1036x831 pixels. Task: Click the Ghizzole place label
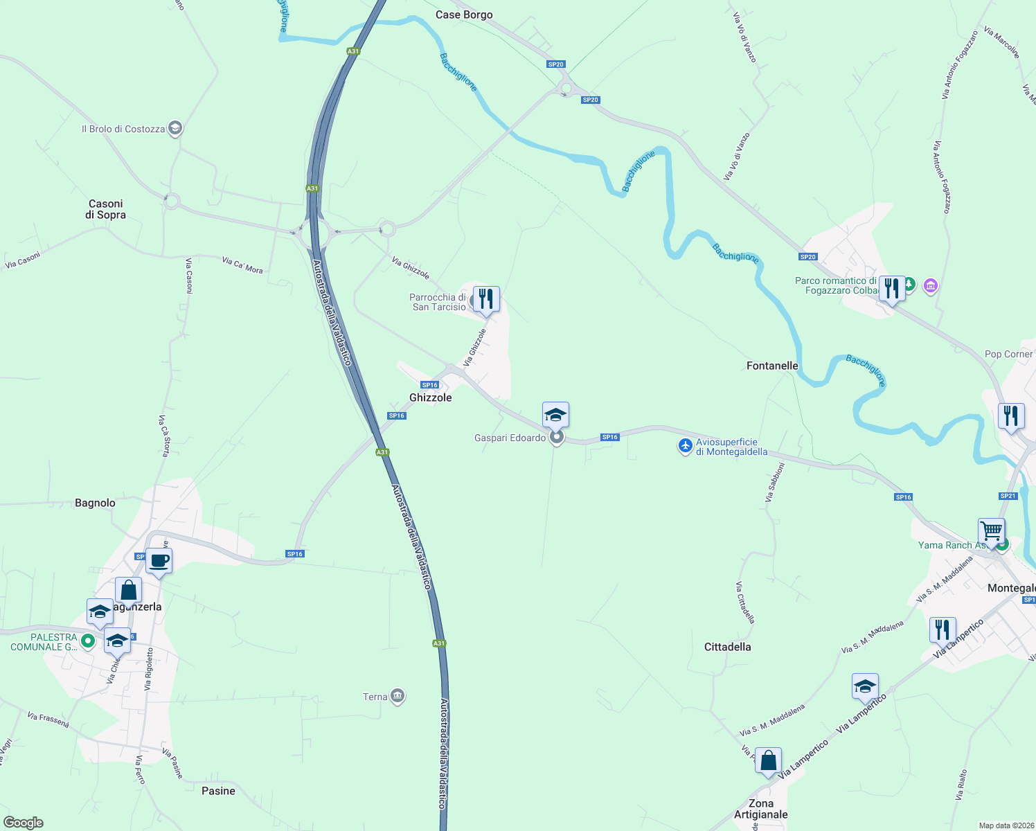(x=430, y=397)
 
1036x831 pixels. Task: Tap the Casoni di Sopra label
(x=106, y=209)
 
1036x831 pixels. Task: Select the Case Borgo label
(x=464, y=15)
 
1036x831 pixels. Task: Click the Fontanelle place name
(x=772, y=366)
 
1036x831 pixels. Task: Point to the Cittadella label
(x=727, y=647)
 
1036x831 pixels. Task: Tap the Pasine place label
(x=218, y=791)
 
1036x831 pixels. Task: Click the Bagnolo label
(x=95, y=503)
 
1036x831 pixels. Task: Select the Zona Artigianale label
(x=760, y=809)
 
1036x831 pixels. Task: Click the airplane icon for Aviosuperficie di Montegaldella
(x=686, y=446)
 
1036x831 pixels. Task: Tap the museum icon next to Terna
(x=398, y=696)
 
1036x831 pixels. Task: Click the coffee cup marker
(x=159, y=560)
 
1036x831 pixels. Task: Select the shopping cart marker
(x=992, y=531)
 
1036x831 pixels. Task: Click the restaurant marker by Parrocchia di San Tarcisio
(x=487, y=299)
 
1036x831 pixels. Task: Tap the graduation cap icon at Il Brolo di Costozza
(x=175, y=128)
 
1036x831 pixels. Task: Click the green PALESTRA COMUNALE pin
(x=88, y=641)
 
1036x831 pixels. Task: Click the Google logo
(x=24, y=822)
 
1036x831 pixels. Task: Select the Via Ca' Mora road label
(x=242, y=265)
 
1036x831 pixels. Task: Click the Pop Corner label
(x=1008, y=354)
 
